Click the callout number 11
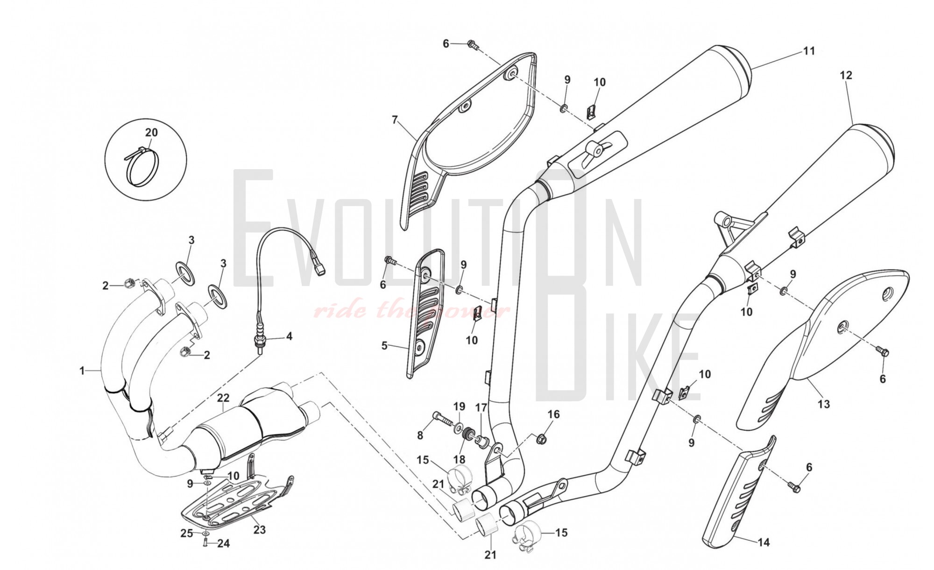pyautogui.click(x=809, y=50)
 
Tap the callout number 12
pyautogui.click(x=846, y=75)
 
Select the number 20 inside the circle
pyautogui.click(x=151, y=133)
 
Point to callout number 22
pyautogui.click(x=223, y=398)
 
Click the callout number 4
pyautogui.click(x=289, y=336)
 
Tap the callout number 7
pyautogui.click(x=395, y=120)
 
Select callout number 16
pyautogui.click(x=553, y=414)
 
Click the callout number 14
pyautogui.click(x=763, y=542)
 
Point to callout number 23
pyautogui.click(x=259, y=529)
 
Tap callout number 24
pyautogui.click(x=224, y=543)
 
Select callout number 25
pyautogui.click(x=187, y=533)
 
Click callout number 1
pyautogui.click(x=82, y=371)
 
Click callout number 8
pyautogui.click(x=420, y=435)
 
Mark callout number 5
pyautogui.click(x=384, y=346)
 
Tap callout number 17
pyautogui.click(x=481, y=408)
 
